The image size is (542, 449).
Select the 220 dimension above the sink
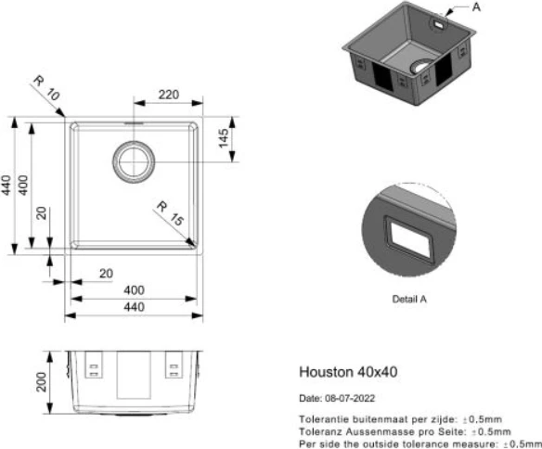168,96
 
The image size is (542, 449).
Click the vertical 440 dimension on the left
7,185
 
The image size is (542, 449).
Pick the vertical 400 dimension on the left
24,185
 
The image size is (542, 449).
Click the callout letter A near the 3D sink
476,6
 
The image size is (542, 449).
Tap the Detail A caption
408,299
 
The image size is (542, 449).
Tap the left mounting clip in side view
94,368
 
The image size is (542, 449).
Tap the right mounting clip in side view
174,368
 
